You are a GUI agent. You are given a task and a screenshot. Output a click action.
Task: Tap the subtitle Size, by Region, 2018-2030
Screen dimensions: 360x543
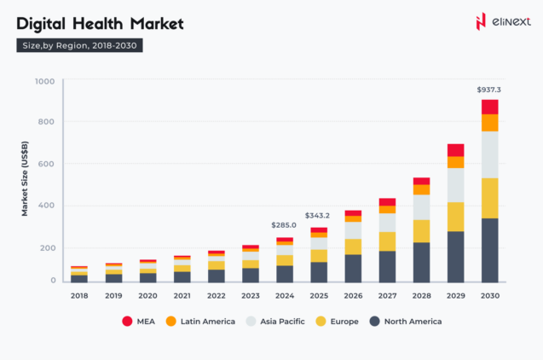(x=79, y=45)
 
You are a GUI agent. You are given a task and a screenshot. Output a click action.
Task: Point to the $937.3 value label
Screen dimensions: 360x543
(x=488, y=89)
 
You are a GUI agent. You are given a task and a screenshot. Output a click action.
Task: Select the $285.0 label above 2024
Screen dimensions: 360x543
(x=284, y=225)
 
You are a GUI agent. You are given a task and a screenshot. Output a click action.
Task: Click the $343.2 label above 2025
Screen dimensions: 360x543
(x=318, y=216)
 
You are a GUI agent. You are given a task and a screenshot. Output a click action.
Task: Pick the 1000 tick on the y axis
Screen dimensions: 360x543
(x=45, y=82)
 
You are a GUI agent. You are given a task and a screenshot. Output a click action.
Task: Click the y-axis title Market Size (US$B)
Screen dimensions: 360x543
(x=26, y=182)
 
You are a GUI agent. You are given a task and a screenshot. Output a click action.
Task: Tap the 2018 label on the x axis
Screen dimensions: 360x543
(x=78, y=295)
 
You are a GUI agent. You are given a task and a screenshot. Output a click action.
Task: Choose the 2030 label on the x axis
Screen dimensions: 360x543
(x=489, y=295)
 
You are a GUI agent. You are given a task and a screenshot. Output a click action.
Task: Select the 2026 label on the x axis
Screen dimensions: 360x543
(x=352, y=295)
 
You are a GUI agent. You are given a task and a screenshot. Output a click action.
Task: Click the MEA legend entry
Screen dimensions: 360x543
(x=138, y=322)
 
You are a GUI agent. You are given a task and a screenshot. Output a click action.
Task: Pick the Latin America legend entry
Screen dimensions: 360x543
(x=200, y=322)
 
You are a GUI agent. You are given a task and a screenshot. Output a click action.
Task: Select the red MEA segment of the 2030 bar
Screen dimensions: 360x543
(x=489, y=107)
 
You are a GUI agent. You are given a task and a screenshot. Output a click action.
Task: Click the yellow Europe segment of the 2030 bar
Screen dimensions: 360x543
(x=489, y=198)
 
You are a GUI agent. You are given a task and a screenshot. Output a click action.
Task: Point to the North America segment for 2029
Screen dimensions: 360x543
(x=455, y=257)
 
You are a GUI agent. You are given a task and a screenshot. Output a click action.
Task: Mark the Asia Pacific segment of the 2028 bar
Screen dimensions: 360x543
(x=421, y=207)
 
